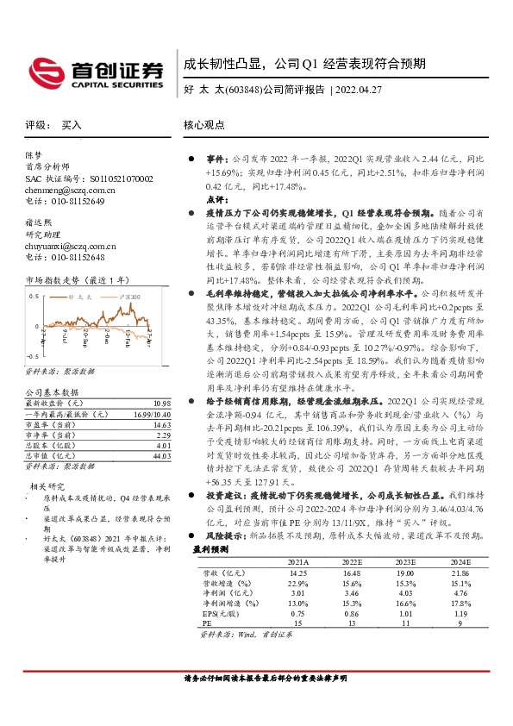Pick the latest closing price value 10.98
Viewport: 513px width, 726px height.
coord(161,404)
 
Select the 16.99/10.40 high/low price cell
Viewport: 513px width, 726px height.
coord(152,414)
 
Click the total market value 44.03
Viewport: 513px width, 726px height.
coord(161,455)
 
